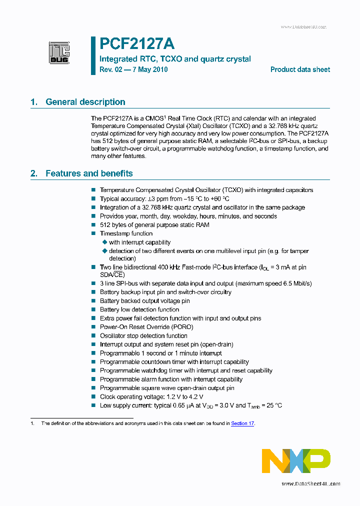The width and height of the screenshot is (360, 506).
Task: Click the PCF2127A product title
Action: pos(136,44)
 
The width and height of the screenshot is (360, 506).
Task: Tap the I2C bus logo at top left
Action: pos(59,52)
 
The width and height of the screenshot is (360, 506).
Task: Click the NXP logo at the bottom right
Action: pos(296,461)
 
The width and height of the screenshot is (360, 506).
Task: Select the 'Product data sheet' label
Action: pos(300,69)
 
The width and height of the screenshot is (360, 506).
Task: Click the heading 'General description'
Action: pos(85,102)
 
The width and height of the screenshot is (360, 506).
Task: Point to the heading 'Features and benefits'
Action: pos(89,173)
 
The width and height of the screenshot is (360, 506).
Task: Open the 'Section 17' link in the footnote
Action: pos(242,423)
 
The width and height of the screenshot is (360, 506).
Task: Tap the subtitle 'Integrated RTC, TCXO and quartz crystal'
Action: pos(175,59)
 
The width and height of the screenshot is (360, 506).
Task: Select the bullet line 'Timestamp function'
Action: pos(126,233)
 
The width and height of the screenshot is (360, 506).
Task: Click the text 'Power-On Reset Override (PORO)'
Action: pos(146,327)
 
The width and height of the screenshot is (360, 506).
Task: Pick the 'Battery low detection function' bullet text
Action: pos(139,309)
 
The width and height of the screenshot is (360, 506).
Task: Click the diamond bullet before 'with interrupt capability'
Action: pos(105,242)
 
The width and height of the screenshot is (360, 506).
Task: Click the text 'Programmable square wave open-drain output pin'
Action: pos(167,388)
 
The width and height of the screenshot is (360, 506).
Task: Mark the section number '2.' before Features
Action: pos(34,173)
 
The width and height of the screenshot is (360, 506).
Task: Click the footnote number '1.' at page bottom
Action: pos(32,423)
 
